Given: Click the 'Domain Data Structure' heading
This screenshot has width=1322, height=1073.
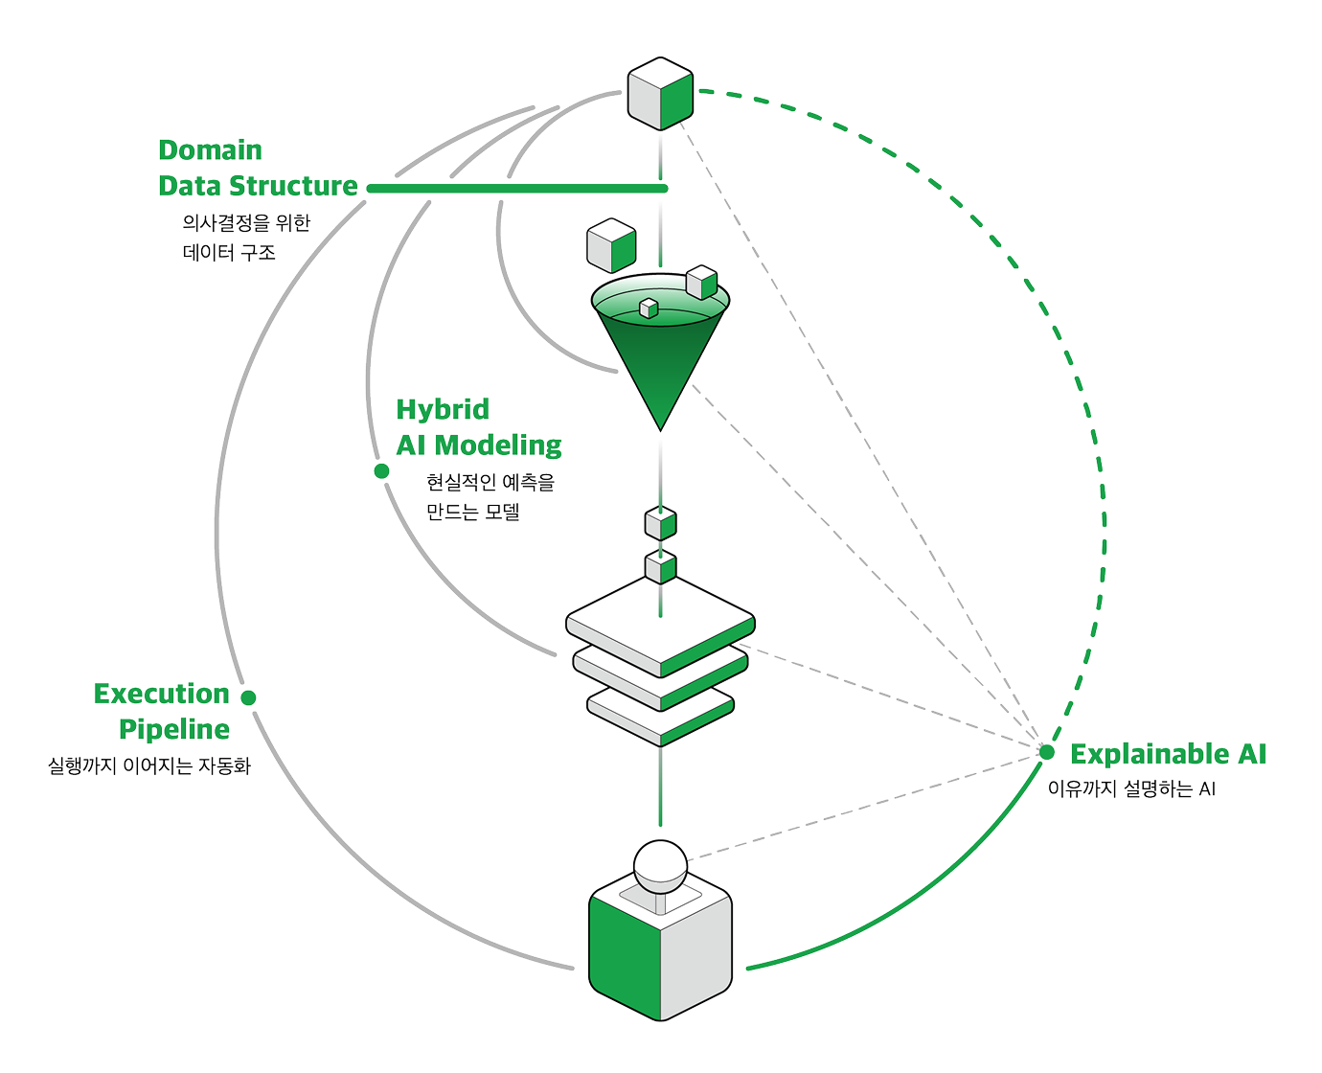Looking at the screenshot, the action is pos(258,168).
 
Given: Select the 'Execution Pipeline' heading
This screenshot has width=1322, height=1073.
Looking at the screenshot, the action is pos(161,711).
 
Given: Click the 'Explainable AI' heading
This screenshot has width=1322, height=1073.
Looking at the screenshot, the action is pos(1168,754).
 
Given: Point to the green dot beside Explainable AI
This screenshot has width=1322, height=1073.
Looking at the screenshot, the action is pos(1047,752).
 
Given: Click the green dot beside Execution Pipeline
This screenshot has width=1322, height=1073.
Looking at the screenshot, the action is pos(248,697).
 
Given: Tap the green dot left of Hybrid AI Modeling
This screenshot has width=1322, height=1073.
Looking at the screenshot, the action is pos(381,471).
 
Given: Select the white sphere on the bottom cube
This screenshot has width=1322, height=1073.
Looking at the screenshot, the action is pos(660,866).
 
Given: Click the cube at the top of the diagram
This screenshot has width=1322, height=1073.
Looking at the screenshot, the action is pos(660,94).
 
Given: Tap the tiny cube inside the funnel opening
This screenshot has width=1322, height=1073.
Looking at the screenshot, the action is pos(649,308).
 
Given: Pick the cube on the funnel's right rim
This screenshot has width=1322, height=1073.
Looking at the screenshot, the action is pos(702,283).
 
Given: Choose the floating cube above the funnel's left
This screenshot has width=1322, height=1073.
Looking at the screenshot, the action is pos(611,245).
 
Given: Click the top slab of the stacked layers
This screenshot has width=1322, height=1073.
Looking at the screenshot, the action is pos(660,626).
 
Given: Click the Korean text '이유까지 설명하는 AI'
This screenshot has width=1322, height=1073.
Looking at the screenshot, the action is pos(1131,788).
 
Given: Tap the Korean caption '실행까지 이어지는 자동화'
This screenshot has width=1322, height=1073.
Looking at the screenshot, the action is pos(149,765).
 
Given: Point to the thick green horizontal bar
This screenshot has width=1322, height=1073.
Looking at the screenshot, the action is pos(517,188).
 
